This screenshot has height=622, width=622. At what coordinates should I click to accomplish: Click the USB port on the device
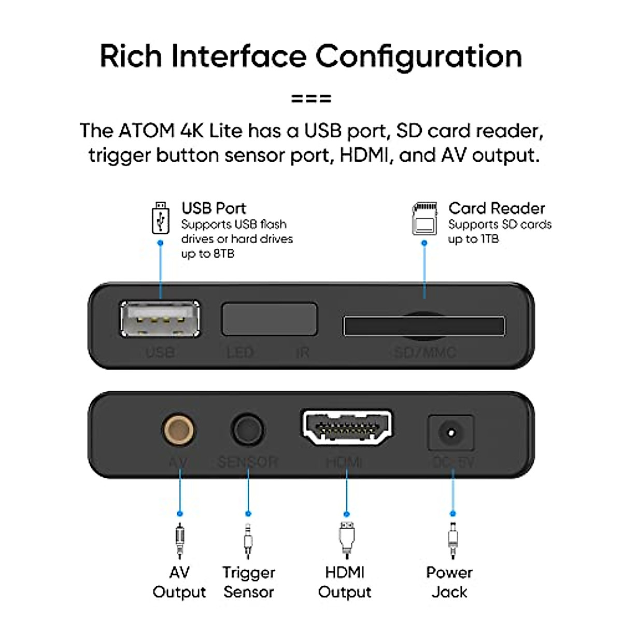(x=160, y=318)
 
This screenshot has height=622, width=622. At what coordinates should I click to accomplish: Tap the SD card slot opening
(x=424, y=326)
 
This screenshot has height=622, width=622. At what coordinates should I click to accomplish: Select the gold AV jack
(x=179, y=430)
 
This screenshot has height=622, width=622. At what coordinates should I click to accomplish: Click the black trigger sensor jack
(x=247, y=430)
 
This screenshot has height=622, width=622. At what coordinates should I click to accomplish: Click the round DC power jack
(x=450, y=432)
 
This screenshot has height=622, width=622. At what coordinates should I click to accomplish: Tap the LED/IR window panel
(x=269, y=319)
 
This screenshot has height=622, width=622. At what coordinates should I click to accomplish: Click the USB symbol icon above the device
(x=160, y=218)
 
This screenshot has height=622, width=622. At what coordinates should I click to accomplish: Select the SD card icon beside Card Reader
(x=425, y=219)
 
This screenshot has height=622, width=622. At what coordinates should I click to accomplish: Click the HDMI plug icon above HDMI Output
(x=346, y=540)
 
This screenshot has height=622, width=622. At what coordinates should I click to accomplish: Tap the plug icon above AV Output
(x=179, y=541)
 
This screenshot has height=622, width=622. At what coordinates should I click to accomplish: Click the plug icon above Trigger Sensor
(x=248, y=541)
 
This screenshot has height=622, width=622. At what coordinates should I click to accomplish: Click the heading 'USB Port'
(x=214, y=208)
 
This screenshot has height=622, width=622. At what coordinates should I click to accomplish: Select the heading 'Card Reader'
(x=496, y=208)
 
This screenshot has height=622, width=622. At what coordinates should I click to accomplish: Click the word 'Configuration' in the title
(x=418, y=56)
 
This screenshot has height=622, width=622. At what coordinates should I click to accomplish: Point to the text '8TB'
(x=223, y=254)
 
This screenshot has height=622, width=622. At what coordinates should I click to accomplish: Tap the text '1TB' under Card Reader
(x=489, y=239)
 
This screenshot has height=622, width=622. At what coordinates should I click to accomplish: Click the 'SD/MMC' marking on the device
(x=425, y=353)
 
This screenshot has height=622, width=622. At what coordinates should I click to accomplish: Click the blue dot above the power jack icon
(x=453, y=514)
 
